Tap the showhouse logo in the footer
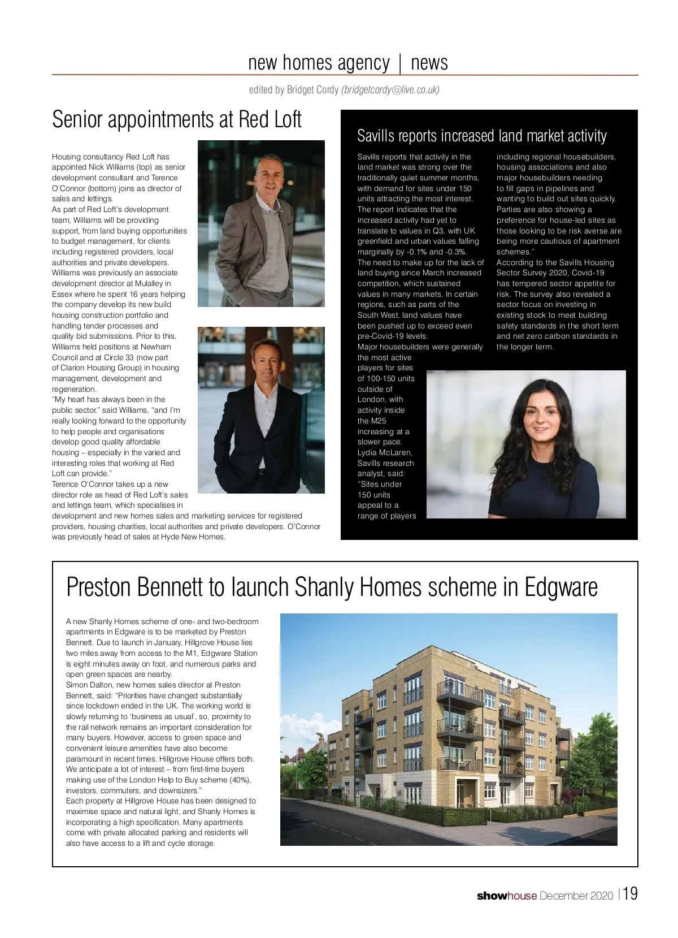click(506, 896)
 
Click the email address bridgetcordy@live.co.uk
click(390, 90)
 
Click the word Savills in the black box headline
click(377, 136)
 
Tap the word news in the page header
click(429, 62)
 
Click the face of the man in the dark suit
click(259, 361)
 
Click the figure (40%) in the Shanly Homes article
click(240, 780)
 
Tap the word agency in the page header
click(363, 63)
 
